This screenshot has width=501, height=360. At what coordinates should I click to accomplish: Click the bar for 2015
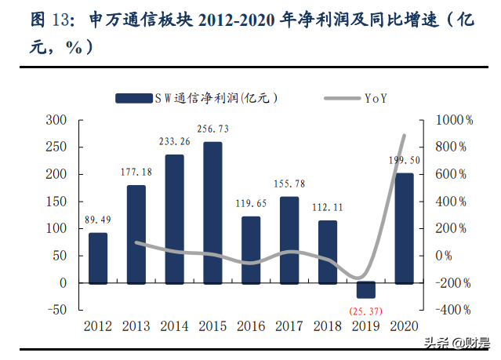(x=212, y=212)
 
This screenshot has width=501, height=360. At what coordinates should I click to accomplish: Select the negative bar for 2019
(x=366, y=289)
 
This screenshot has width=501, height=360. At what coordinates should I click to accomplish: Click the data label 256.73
(x=212, y=129)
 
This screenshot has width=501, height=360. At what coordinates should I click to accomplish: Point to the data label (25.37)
(x=367, y=312)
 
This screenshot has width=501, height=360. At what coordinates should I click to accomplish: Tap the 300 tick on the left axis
(x=56, y=120)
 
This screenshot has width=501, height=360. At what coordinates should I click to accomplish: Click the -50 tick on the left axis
(x=56, y=310)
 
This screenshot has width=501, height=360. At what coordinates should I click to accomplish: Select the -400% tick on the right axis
(x=452, y=310)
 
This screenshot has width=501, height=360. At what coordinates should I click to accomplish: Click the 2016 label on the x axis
(x=251, y=325)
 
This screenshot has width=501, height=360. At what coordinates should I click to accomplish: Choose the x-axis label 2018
(x=328, y=325)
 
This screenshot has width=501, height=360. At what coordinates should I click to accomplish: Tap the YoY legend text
(x=375, y=98)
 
